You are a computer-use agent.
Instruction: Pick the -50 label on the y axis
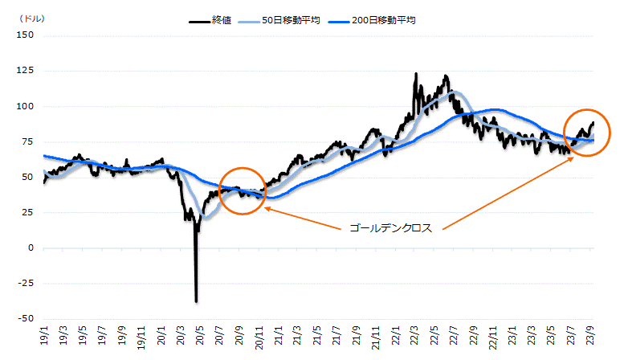(x=24, y=319)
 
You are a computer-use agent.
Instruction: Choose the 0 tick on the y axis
(x=30, y=248)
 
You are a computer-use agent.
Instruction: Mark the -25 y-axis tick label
(x=24, y=284)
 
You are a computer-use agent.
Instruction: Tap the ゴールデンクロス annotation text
(x=390, y=228)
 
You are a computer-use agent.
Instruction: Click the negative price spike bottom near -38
(x=196, y=301)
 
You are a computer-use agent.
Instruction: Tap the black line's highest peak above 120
(x=415, y=74)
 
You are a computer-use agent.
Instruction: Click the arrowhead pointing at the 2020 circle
(x=265, y=209)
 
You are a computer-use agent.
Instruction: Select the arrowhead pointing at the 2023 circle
(x=574, y=158)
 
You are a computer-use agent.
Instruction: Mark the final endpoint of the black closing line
(x=593, y=123)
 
